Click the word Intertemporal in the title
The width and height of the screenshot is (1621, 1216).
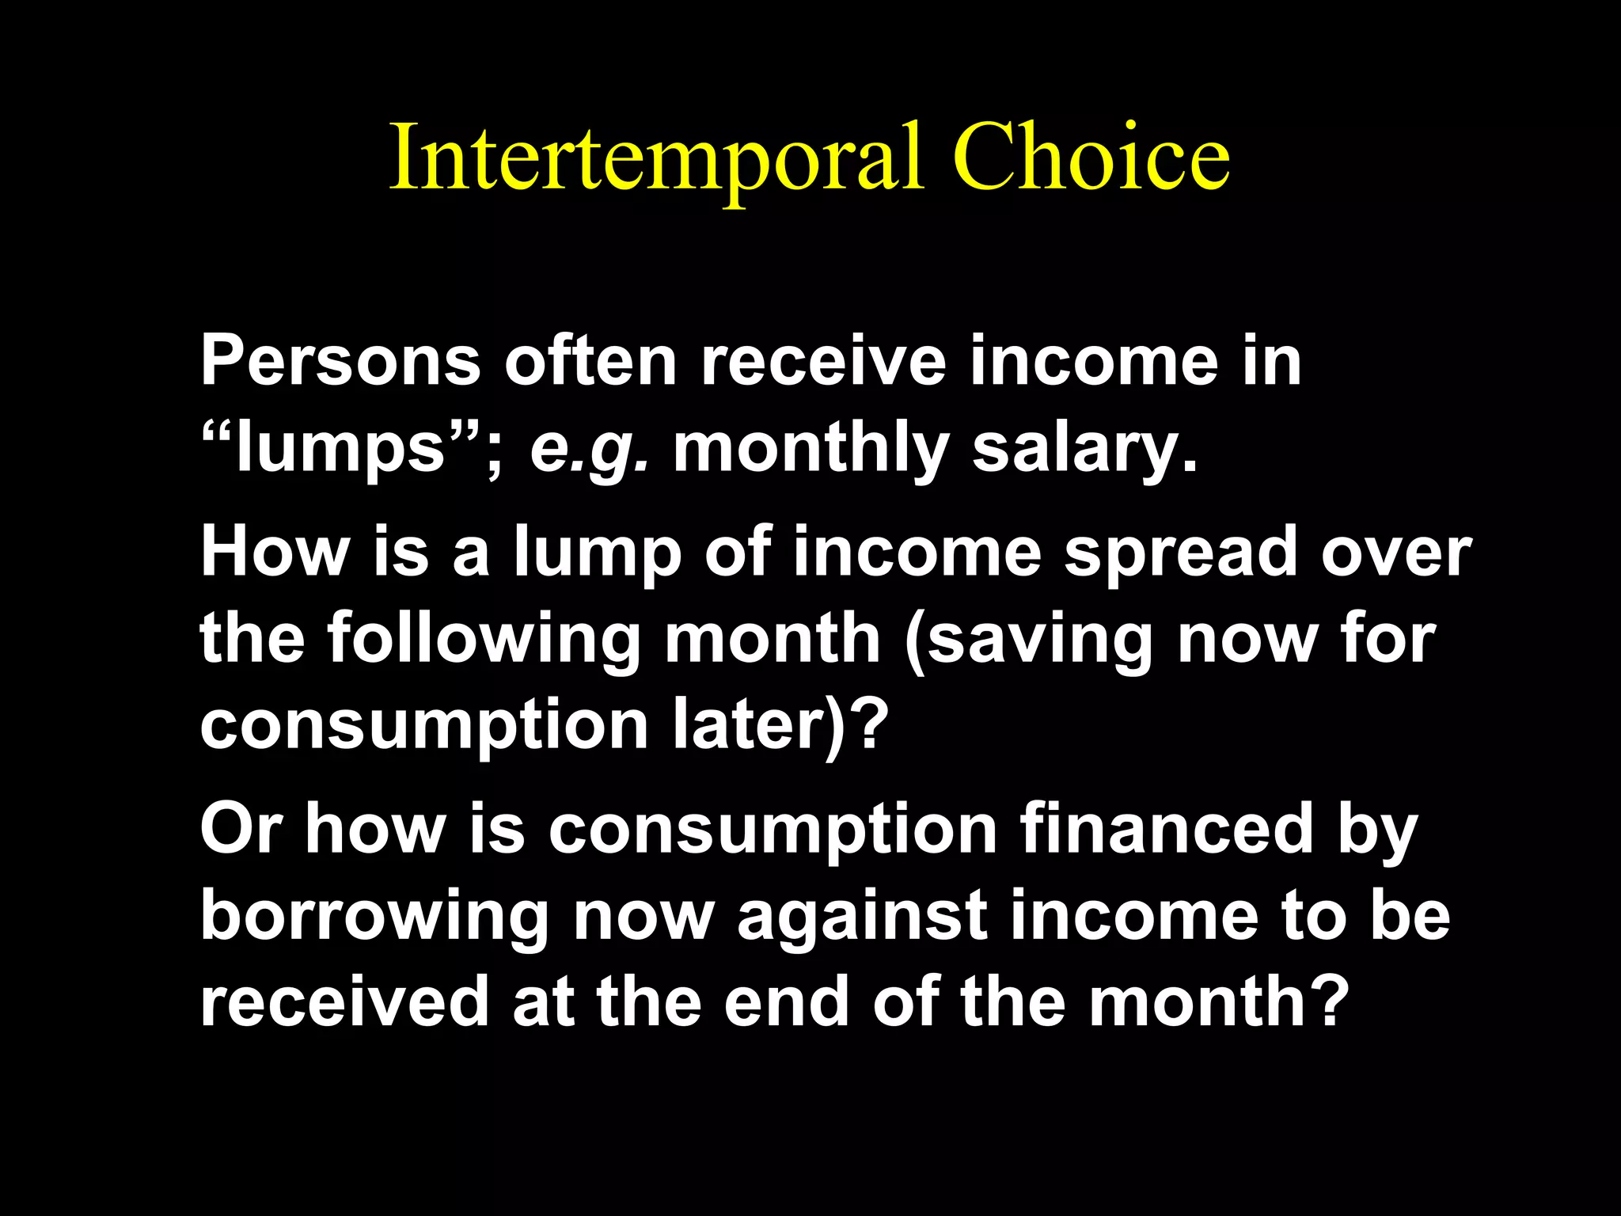[656, 158]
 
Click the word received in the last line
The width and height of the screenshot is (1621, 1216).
[344, 1001]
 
